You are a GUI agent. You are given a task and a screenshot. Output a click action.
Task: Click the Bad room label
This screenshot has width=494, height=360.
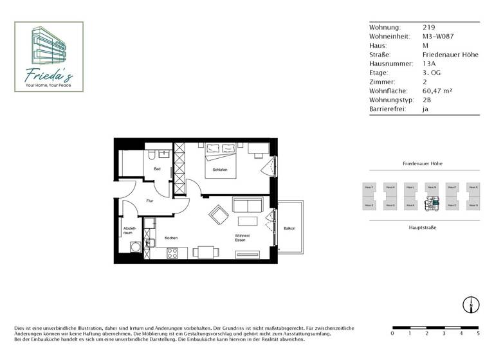click(x=156, y=169)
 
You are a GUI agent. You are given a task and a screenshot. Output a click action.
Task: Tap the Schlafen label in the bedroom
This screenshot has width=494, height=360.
click(x=213, y=170)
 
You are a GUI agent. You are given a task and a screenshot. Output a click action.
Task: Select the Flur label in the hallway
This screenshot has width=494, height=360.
click(x=149, y=201)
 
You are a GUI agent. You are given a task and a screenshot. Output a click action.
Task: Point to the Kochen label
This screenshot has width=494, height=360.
click(x=171, y=238)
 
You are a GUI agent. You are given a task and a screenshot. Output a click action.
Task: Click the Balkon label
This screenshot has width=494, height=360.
click(x=289, y=229)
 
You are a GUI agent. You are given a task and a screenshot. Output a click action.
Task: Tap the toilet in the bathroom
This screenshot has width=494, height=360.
click(x=150, y=156)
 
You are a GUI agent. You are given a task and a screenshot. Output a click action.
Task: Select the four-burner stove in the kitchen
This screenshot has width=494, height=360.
click(x=172, y=253)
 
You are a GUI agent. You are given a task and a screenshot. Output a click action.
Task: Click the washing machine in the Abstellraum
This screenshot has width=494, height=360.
click(x=135, y=247)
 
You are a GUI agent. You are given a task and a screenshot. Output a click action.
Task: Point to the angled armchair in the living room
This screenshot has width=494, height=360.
click(x=218, y=214)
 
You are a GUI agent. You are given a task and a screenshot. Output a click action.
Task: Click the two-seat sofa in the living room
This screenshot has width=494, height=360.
click(x=248, y=206)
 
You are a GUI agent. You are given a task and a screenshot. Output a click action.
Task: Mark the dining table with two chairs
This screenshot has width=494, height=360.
click(x=205, y=251)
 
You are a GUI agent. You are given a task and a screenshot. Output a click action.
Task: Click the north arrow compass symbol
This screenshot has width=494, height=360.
click(x=471, y=305)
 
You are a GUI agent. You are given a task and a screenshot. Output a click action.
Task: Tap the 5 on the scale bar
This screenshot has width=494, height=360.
click(x=478, y=334)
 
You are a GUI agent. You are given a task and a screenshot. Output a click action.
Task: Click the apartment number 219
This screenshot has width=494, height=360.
click(x=428, y=28)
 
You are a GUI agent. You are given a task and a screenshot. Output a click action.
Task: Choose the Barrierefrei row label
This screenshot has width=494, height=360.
click(x=387, y=109)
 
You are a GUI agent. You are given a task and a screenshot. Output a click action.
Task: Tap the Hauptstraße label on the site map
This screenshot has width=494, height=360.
click(x=423, y=228)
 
